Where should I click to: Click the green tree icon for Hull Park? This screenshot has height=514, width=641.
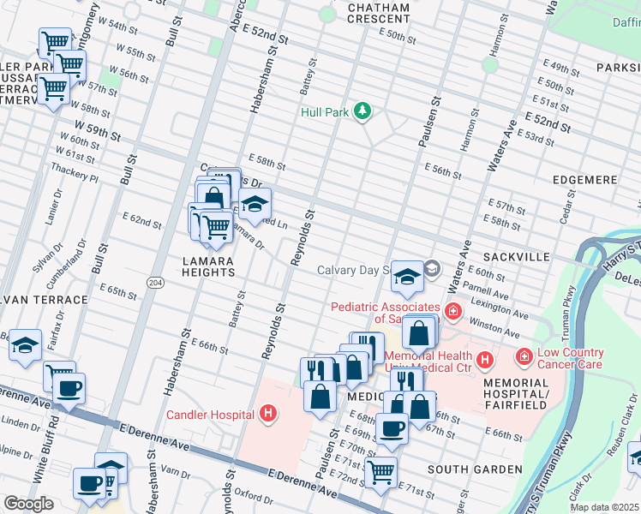(x=362, y=111)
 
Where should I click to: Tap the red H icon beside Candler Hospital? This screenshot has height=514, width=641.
(x=268, y=415)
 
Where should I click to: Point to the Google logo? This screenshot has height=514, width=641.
(x=28, y=504)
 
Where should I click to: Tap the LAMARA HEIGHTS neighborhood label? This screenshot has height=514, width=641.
(x=208, y=266)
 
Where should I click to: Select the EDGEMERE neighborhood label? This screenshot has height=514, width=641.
(x=583, y=180)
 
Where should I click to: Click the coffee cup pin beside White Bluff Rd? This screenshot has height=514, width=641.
(x=69, y=386)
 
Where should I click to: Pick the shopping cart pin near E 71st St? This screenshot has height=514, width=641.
(x=380, y=469)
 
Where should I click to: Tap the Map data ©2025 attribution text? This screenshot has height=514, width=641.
(x=604, y=507)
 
